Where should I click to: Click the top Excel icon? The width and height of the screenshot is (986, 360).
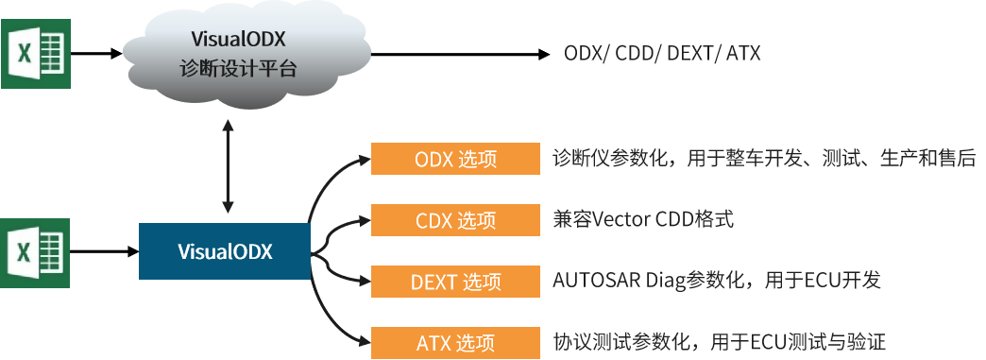click(35, 54)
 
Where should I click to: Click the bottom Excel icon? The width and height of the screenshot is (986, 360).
click(35, 252)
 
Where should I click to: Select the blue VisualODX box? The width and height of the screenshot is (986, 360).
click(225, 251)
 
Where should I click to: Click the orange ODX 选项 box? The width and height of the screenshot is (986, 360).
click(455, 159)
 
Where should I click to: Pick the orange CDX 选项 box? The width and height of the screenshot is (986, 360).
click(455, 220)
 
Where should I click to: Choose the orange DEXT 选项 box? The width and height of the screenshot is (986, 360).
click(455, 282)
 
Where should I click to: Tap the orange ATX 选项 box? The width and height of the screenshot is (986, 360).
click(455, 343)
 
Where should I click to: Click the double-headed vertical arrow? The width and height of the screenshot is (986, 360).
click(229, 167)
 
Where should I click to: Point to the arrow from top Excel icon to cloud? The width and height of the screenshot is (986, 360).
click(96, 54)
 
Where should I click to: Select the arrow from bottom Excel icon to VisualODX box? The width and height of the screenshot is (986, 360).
click(105, 251)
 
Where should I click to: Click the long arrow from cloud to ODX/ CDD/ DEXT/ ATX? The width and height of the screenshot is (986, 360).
click(460, 54)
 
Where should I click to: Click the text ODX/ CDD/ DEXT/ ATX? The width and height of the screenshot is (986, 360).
click(661, 54)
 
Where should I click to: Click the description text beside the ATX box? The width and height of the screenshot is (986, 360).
click(720, 342)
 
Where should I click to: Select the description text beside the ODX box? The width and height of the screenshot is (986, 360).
click(764, 158)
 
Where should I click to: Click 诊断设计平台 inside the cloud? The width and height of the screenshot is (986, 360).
click(238, 69)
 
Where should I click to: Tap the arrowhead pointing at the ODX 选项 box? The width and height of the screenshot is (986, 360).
click(365, 159)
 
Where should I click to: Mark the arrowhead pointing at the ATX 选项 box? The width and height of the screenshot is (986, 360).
click(365, 343)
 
